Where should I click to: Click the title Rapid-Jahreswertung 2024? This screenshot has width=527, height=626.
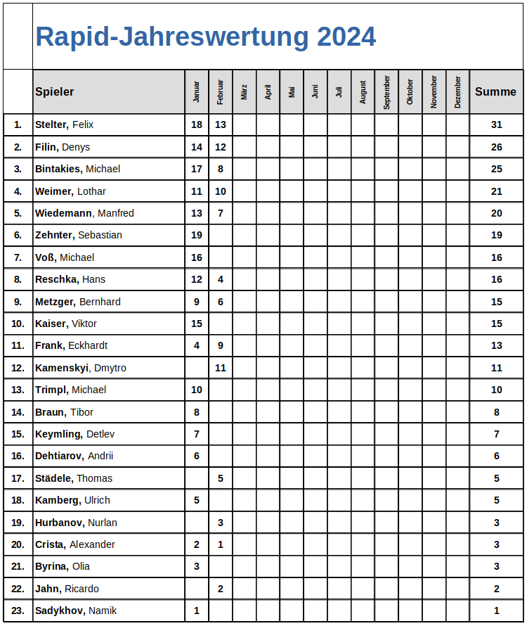pos(205,37)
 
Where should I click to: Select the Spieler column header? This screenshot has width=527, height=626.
pos(55,91)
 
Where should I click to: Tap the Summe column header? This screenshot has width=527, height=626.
pos(495,91)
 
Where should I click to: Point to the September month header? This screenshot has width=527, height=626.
pos(386,92)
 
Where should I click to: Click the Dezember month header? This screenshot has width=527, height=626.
pos(457,92)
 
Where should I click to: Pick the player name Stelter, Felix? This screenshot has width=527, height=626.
pos(65,124)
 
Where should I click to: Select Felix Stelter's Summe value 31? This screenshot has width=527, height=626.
pos(496,124)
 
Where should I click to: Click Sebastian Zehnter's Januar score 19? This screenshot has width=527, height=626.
pos(197,235)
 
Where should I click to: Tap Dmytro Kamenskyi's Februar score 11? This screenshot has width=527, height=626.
pos(221,368)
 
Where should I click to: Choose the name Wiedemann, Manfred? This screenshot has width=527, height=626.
pos(84,213)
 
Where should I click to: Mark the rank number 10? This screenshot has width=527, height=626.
pos(18,324)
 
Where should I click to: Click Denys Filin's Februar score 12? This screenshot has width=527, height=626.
pos(221,147)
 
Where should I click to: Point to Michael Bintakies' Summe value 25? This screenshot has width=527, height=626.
pos(496,169)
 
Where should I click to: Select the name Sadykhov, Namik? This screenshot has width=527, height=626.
pos(76,611)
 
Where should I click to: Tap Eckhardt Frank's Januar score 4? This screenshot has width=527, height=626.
pos(197,345)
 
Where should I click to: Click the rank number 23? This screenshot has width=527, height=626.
pos(18,611)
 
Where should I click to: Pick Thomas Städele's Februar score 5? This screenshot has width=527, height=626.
pos(221,478)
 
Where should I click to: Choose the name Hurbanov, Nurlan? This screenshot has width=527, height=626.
pos(76,523)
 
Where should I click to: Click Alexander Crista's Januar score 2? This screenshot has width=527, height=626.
pos(197,544)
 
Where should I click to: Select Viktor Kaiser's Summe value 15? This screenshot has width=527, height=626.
pos(496,324)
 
